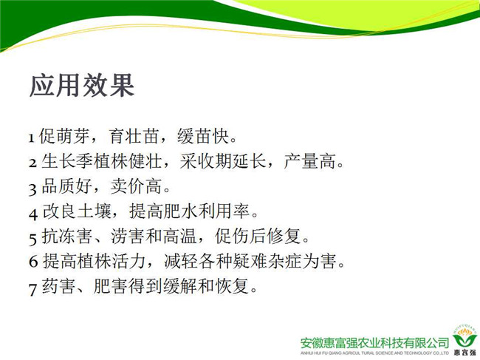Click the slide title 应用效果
[x=82, y=85]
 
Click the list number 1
[x=32, y=138]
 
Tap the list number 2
[x=32, y=163]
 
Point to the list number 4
[x=33, y=214]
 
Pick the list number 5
[x=32, y=239]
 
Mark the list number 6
[x=33, y=261]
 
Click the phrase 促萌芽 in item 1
[x=64, y=136]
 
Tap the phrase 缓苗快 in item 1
[x=203, y=136]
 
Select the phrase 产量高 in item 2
[x=309, y=161]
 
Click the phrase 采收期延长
[x=222, y=161]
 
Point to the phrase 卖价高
[x=136, y=186]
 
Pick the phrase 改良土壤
[x=77, y=211]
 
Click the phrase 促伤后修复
[x=258, y=237]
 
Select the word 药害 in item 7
[x=58, y=286]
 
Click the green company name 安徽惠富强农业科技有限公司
[x=374, y=343]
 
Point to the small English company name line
[x=374, y=353]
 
